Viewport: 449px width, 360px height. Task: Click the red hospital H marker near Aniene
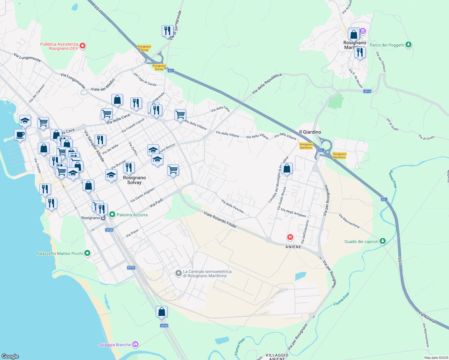tap(290, 237)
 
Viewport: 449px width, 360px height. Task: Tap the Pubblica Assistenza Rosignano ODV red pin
tap(83, 46)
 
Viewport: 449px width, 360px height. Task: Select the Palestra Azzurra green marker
tap(112, 214)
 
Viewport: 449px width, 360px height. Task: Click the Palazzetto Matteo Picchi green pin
tap(87, 253)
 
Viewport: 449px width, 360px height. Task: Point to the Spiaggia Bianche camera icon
tap(135, 344)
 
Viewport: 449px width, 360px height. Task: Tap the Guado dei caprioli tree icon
tap(382, 241)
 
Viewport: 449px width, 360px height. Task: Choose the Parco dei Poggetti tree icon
tap(408, 45)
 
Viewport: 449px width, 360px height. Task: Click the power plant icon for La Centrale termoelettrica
tap(179, 273)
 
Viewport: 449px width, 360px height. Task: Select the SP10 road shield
tap(367, 91)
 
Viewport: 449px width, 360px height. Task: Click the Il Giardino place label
tap(310, 132)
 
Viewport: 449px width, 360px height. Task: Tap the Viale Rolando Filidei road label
tap(220, 220)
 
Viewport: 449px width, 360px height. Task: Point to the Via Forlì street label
tap(156, 203)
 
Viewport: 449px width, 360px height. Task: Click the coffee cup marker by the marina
tap(20, 135)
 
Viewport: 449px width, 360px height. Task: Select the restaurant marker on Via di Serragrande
tap(167, 31)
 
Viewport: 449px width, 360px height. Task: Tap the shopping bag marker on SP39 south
tap(161, 312)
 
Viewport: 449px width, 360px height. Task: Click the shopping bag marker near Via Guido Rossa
tap(287, 169)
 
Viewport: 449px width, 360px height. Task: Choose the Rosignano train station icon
tap(103, 218)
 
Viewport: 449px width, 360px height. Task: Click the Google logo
tap(10, 356)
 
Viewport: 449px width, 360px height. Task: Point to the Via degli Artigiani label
tap(293, 213)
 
